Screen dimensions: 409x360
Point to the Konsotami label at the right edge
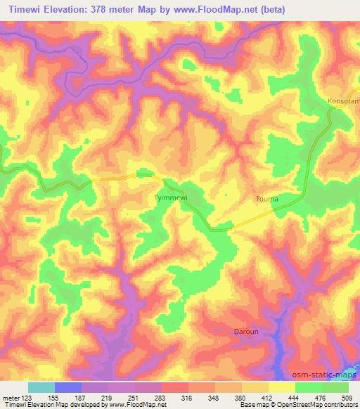(x=344, y=101)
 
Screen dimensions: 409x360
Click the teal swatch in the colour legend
(x=41, y=387)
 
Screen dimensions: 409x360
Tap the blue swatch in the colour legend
(x=68, y=387)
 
